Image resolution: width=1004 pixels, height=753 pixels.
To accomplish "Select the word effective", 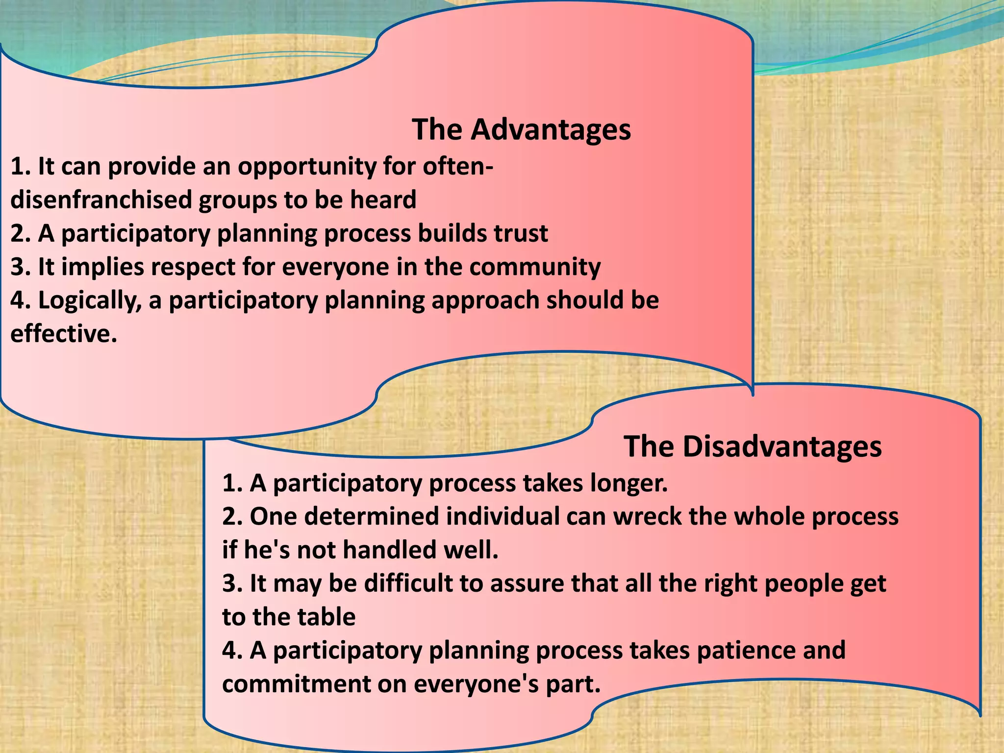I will [x=64, y=334].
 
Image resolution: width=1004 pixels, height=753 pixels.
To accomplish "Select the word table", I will [x=328, y=617].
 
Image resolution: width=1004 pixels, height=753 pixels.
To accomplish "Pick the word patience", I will [x=745, y=651].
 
